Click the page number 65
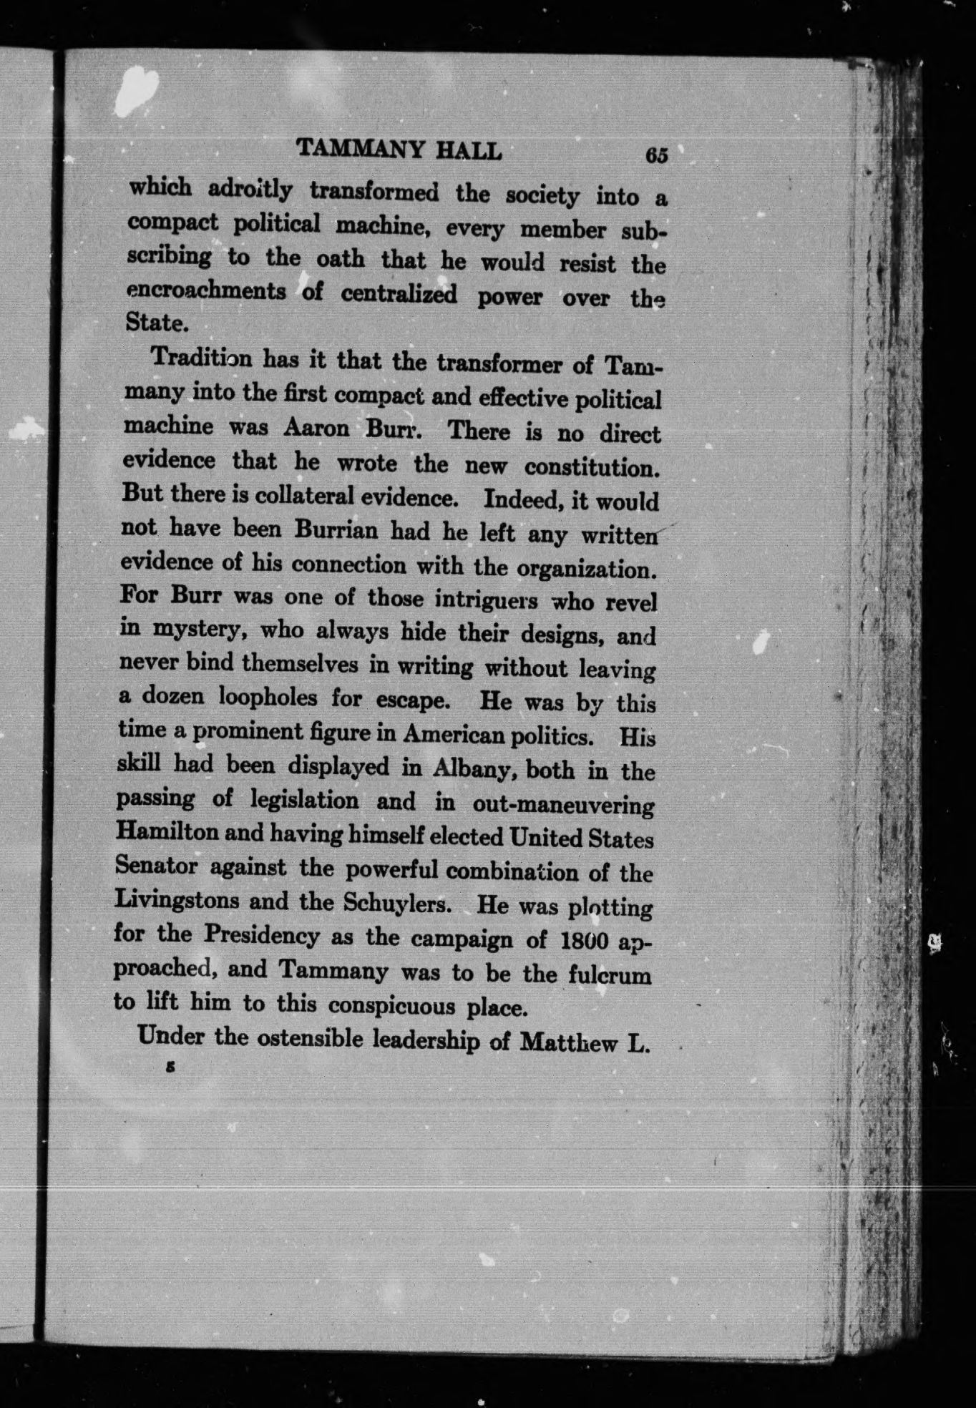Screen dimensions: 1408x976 click(655, 155)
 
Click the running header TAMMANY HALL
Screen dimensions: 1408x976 click(399, 150)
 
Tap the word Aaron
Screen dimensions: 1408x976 click(316, 428)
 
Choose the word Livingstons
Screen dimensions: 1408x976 click(177, 900)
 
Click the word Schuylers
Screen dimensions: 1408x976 click(397, 902)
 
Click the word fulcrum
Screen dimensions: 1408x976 click(610, 975)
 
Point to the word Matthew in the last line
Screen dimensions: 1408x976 click(569, 1042)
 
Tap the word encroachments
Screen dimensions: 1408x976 click(206, 291)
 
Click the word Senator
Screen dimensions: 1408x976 click(156, 866)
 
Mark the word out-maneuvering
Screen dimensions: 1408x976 click(563, 804)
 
